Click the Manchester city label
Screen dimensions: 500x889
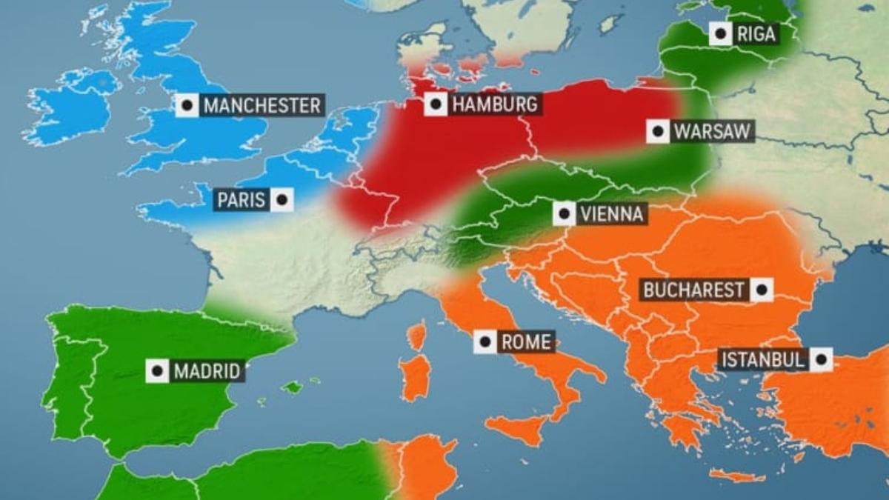[x=262, y=105]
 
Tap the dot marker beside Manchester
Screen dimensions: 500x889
[x=187, y=105]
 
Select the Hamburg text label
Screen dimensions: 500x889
[x=494, y=104]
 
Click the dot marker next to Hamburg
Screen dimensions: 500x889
[x=436, y=104]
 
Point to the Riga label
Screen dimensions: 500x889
[x=756, y=33]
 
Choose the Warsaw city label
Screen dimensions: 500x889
[x=712, y=132]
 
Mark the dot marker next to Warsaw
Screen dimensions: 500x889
[x=657, y=132]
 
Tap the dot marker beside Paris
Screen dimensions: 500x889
[x=282, y=200]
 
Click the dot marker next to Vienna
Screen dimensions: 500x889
[x=565, y=215]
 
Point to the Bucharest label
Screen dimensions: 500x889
[x=693, y=290]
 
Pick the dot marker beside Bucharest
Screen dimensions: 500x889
[x=761, y=290]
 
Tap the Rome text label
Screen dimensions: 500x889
[x=526, y=342]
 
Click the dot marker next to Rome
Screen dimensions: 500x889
[x=485, y=342]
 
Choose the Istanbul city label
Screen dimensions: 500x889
[x=762, y=361]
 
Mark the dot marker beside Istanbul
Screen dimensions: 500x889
[x=820, y=361]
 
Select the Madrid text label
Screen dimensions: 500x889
[x=207, y=371]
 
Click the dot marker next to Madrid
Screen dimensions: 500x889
[x=157, y=371]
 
